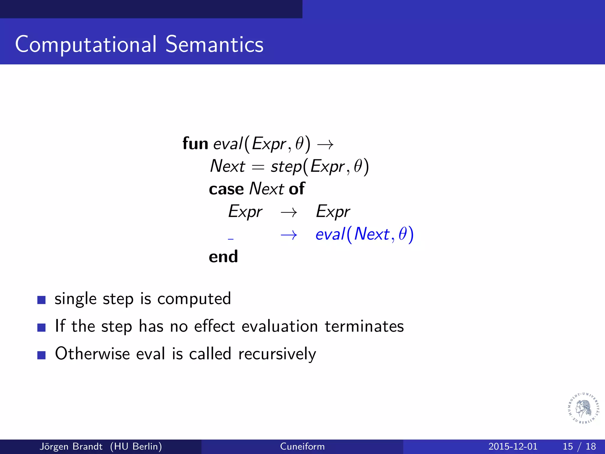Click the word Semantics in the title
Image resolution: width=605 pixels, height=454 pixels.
tap(214, 44)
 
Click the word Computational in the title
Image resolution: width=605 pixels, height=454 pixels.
tap(86, 44)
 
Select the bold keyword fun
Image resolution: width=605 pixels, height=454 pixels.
tap(195, 144)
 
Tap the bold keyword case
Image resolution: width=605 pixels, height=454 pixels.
tap(226, 189)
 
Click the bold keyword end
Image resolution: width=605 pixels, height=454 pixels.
tap(223, 257)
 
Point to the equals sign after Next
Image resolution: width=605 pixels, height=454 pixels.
tap(258, 167)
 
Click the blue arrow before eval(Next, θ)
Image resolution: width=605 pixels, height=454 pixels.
tap(289, 235)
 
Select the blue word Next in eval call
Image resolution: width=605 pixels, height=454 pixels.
tap(372, 234)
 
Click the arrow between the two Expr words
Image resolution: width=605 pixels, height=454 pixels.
tap(289, 212)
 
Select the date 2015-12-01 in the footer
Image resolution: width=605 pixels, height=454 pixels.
tap(513, 446)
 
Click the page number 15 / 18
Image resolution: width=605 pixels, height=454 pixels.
tap(579, 446)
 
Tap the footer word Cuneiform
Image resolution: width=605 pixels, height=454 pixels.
tap(302, 446)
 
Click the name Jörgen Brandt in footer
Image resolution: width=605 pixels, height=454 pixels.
tap(71, 446)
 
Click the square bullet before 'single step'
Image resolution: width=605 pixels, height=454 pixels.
tap(41, 300)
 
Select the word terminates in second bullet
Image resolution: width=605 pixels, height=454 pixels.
tap(364, 326)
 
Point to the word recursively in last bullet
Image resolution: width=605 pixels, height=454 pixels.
tap(277, 354)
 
